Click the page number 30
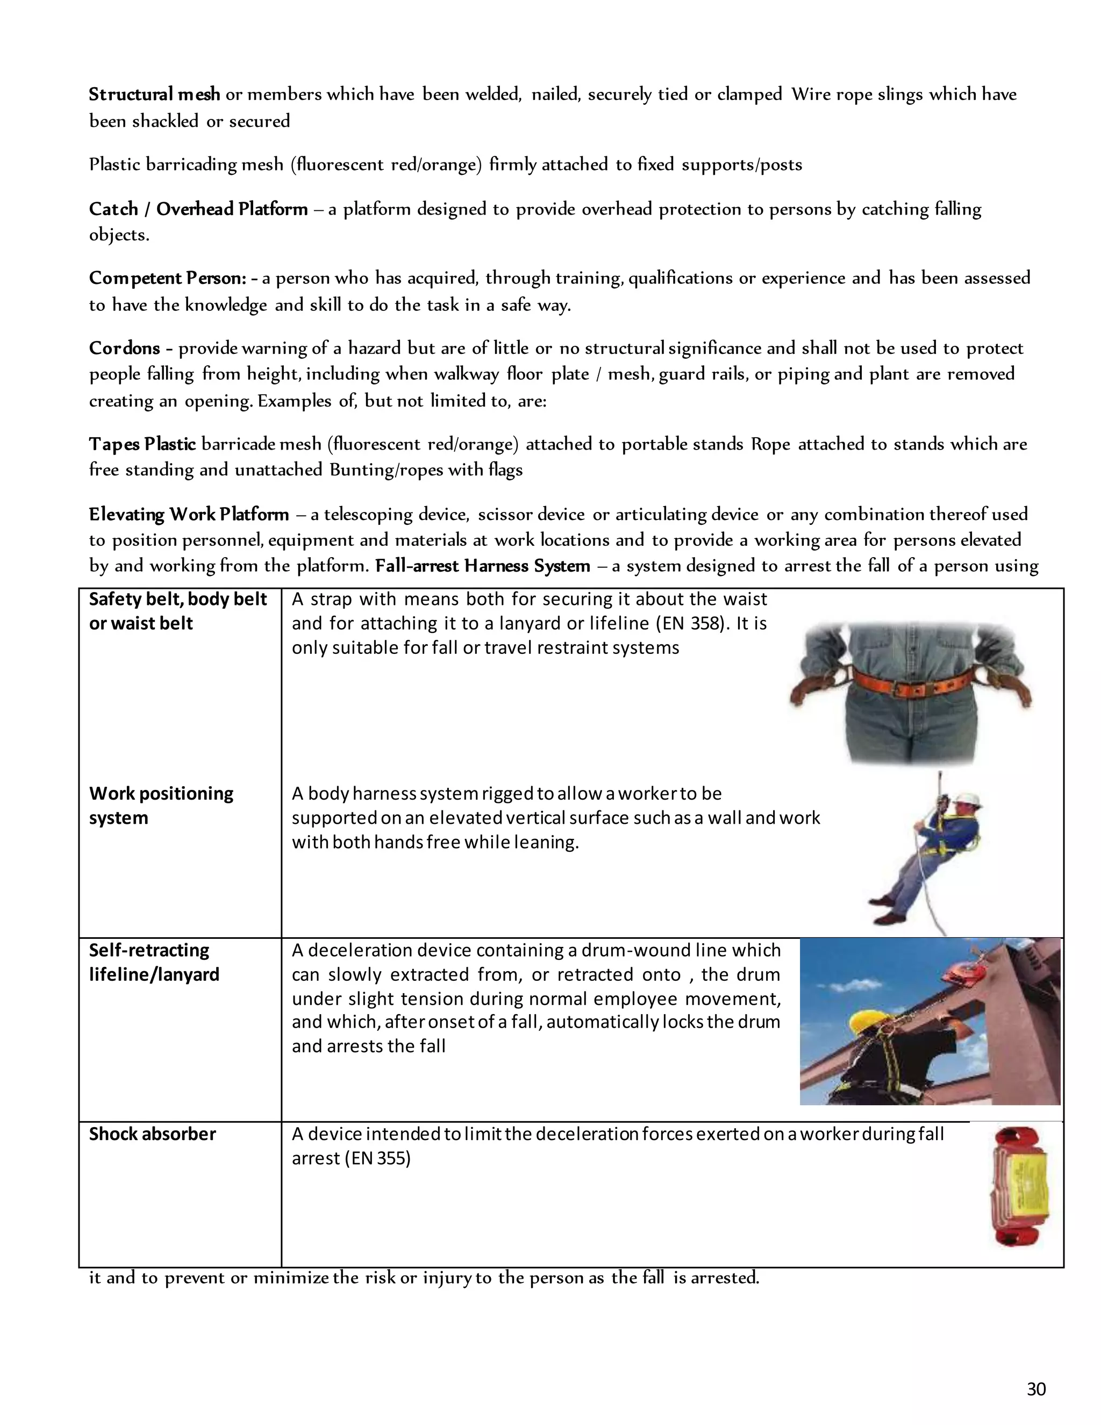(1036, 1388)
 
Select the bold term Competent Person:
(168, 279)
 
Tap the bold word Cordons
(125, 348)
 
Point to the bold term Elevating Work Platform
(189, 514)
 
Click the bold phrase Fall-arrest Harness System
(482, 566)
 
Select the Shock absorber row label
(152, 1134)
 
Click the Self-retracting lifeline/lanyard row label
(154, 963)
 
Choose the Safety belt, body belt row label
(177, 599)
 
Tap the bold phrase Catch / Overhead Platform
(198, 209)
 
